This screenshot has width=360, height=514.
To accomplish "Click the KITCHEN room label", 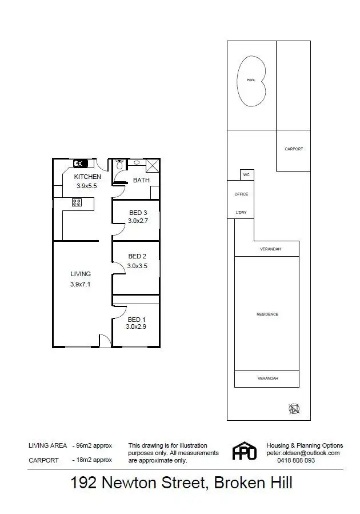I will click(x=87, y=177).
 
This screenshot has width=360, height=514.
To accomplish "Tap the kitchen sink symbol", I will click(x=80, y=163).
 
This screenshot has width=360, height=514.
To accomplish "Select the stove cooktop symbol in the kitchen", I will click(x=75, y=202).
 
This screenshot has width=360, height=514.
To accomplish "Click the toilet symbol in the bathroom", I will click(x=118, y=165).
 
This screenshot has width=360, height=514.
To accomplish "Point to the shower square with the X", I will click(x=152, y=165).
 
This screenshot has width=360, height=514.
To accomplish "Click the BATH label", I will click(x=141, y=180).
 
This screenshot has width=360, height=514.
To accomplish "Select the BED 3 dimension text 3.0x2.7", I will click(x=138, y=220).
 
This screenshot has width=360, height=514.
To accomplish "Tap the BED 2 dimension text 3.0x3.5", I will click(x=138, y=266).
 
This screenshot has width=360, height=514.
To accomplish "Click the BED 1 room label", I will click(x=136, y=320).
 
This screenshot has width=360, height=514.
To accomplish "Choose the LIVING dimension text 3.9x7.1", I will click(x=81, y=284).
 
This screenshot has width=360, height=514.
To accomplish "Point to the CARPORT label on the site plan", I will click(x=294, y=149).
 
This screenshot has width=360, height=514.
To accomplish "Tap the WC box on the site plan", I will click(x=246, y=175).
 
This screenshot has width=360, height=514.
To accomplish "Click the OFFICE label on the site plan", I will click(x=241, y=194).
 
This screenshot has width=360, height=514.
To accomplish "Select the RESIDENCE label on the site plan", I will click(x=267, y=314).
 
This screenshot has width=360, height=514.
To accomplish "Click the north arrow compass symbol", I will click(x=294, y=408).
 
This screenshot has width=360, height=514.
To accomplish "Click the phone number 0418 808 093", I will click(x=296, y=460).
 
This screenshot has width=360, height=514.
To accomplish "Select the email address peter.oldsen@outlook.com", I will click(x=303, y=453).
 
